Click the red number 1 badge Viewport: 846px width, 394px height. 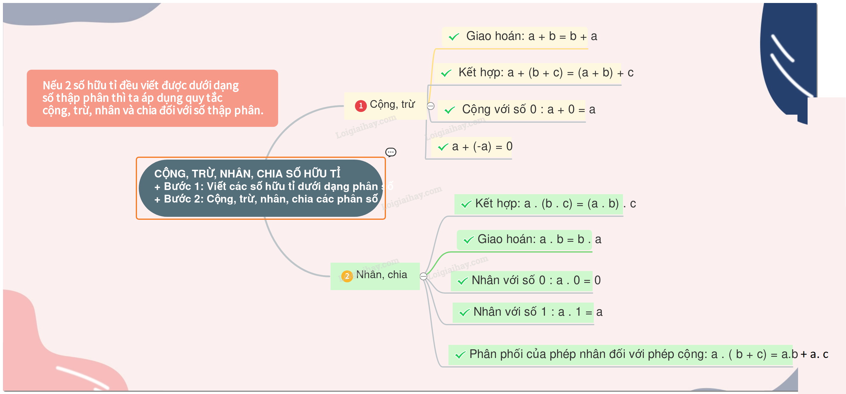pos(361,106)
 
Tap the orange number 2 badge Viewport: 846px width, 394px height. pos(347,276)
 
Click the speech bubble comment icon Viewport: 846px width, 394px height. pos(390,152)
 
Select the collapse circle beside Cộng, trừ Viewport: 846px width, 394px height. pos(431,106)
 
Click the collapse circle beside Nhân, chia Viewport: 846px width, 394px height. pos(424,276)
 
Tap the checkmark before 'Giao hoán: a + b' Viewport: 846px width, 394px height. pos(454,37)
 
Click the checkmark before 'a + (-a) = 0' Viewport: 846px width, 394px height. pos(443,147)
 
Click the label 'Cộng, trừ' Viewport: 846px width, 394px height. pos(392,105)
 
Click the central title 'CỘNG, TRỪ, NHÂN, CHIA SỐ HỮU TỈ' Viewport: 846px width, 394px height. pos(247,173)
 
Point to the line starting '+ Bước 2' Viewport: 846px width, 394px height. pos(266,199)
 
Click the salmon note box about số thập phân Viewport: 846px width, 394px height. pos(152,98)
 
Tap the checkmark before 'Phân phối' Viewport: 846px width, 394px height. pos(460,355)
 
